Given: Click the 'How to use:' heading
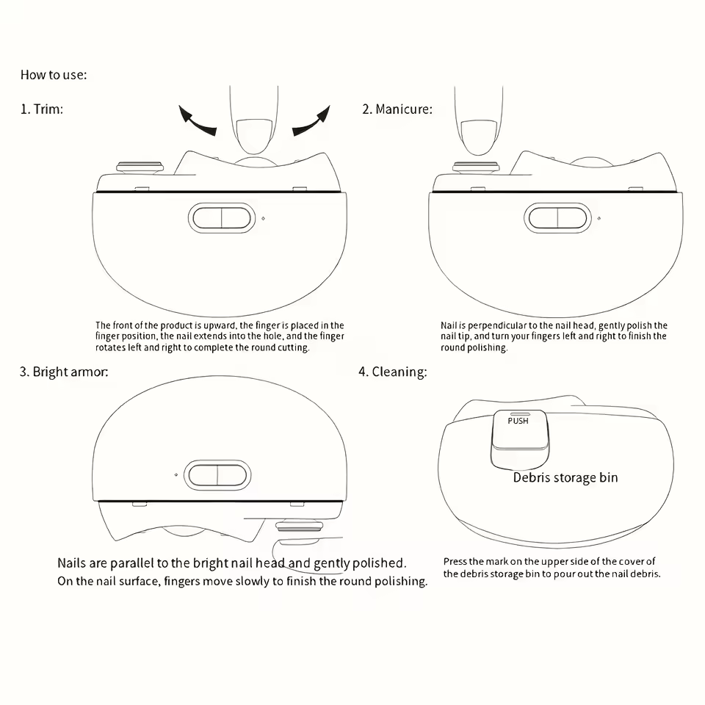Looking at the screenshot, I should (54, 75).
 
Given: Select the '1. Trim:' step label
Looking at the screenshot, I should (42, 109).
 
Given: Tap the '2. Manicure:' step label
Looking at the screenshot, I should (397, 109).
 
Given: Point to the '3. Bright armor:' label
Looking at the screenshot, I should (63, 372).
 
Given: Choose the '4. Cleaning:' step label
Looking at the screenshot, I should (392, 372).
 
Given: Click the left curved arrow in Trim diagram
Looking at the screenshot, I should (197, 120).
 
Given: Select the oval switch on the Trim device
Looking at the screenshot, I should (221, 218).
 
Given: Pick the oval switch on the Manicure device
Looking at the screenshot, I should (557, 218).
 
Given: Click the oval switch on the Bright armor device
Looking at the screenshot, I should (217, 475).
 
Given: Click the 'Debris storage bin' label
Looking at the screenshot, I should (565, 477).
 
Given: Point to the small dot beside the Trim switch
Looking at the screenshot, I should (263, 218).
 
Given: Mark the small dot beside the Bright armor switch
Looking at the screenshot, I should (176, 475).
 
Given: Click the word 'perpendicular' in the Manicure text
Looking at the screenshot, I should (496, 325).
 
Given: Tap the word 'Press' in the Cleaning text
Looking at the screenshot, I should (455, 562).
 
